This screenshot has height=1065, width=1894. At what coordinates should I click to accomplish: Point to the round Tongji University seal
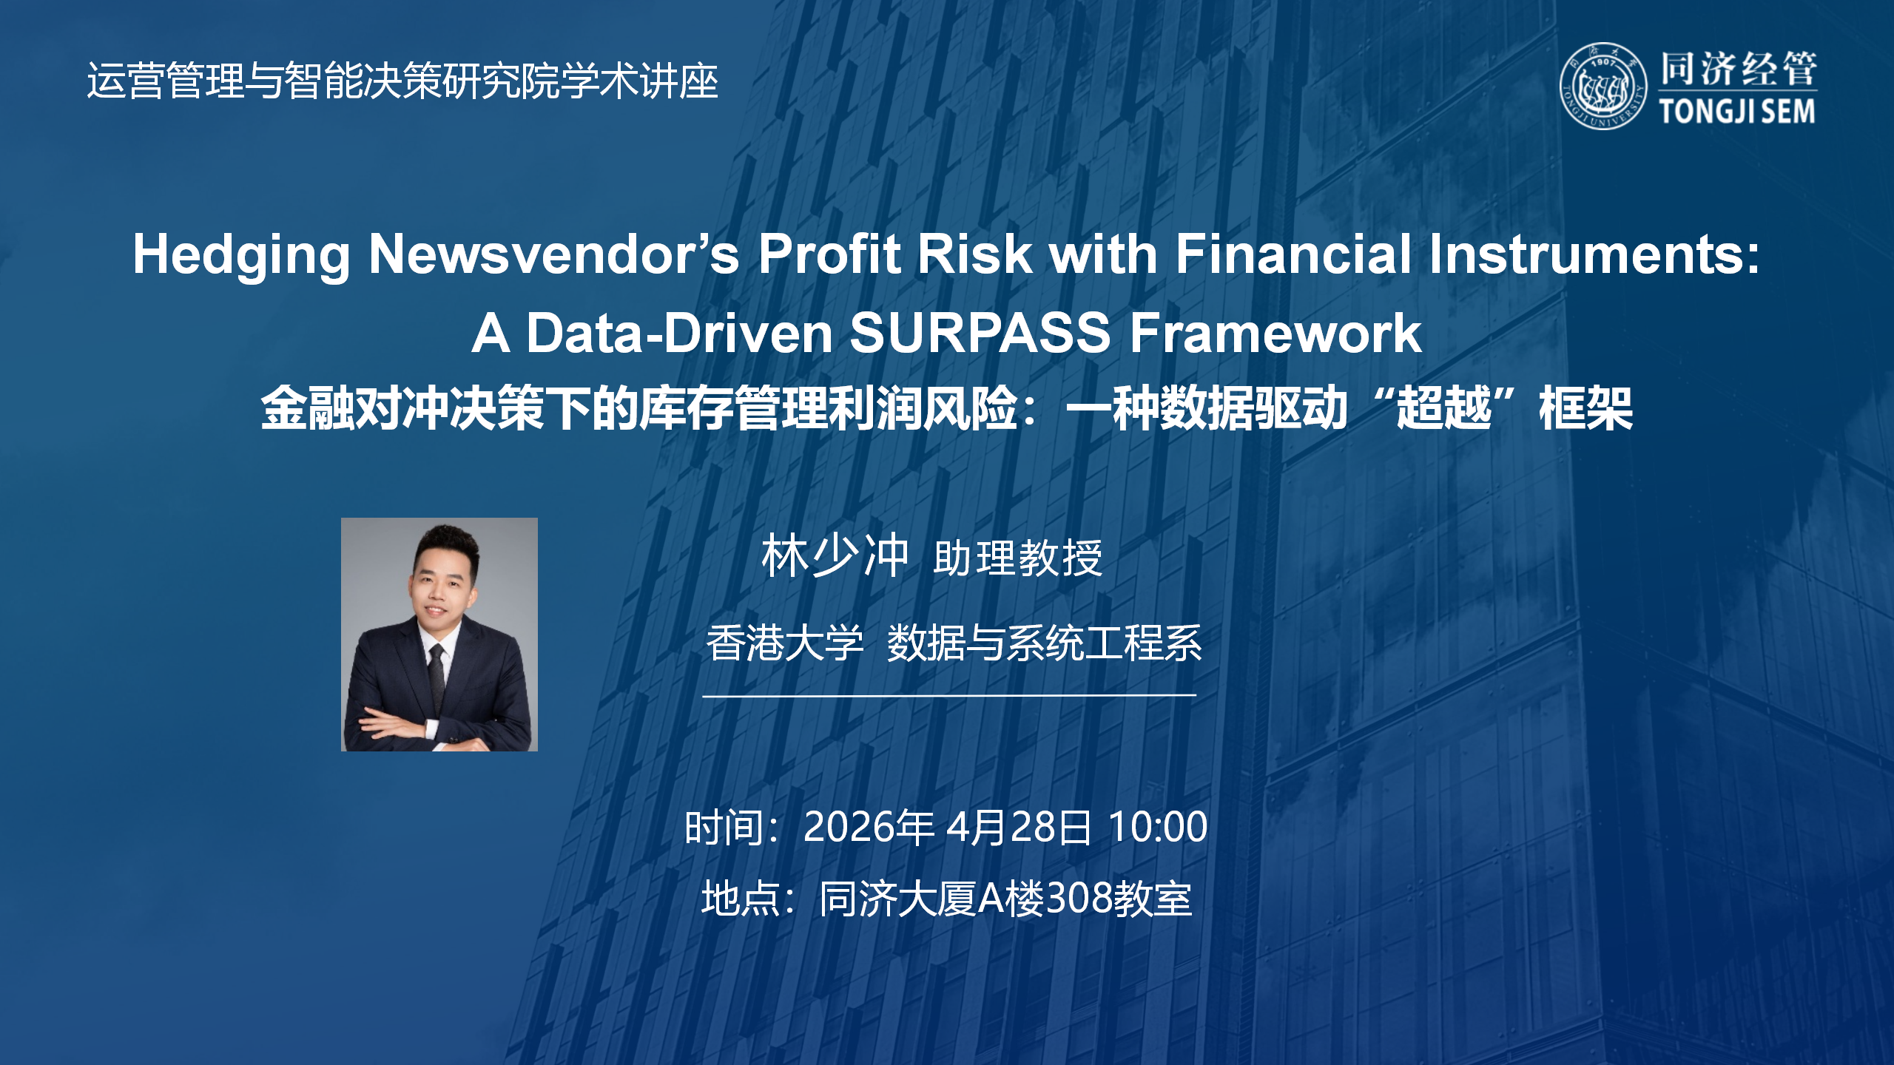(x=1603, y=86)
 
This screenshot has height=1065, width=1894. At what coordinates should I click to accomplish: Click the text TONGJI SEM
(x=1736, y=112)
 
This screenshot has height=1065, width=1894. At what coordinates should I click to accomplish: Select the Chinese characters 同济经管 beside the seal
(x=1738, y=70)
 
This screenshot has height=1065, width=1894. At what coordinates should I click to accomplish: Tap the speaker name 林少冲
(x=835, y=556)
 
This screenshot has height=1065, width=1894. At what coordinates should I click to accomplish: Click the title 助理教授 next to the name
(x=1018, y=558)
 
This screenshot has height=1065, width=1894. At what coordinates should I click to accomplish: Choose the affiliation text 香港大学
(x=784, y=643)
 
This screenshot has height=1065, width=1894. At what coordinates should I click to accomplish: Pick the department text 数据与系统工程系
(x=1044, y=643)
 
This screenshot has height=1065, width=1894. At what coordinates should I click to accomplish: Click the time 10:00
(x=1158, y=827)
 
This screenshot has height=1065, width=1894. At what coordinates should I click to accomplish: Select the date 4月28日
(x=1019, y=827)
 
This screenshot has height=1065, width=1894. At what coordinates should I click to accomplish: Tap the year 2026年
(x=869, y=827)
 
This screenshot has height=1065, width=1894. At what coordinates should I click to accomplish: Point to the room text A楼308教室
(x=1085, y=899)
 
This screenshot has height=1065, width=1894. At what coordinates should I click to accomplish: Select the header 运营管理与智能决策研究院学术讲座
(x=402, y=81)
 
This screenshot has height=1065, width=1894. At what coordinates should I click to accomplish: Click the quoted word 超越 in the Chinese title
(x=1443, y=409)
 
